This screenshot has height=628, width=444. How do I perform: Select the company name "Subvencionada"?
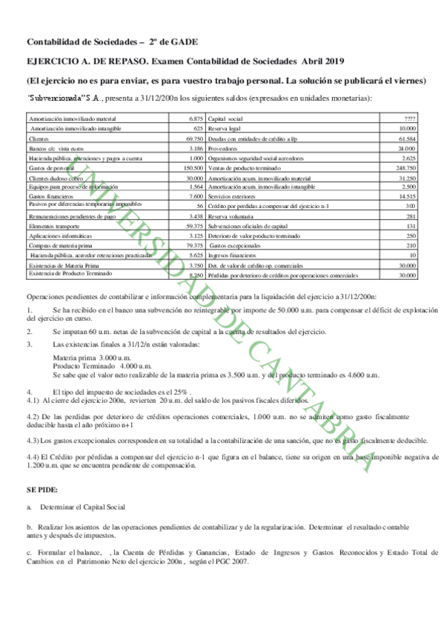coord(55,98)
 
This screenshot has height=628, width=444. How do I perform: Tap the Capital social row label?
coord(227,118)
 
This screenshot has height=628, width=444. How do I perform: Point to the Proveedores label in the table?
coord(225,148)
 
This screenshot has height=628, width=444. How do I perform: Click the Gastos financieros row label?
coord(48,196)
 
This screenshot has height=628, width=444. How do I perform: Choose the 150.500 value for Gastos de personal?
coord(193,168)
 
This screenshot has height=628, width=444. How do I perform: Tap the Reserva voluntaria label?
coord(232,216)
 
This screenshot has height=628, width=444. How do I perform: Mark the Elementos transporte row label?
coord(53,225)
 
